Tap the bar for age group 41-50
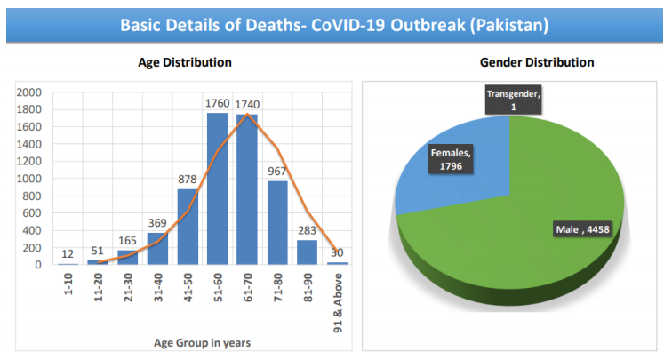[188, 228]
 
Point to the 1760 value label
[218, 103]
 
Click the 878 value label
[188, 179]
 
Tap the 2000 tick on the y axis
[29, 92]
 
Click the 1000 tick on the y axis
[29, 179]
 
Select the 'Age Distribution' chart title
[185, 63]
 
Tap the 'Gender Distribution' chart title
[537, 63]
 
